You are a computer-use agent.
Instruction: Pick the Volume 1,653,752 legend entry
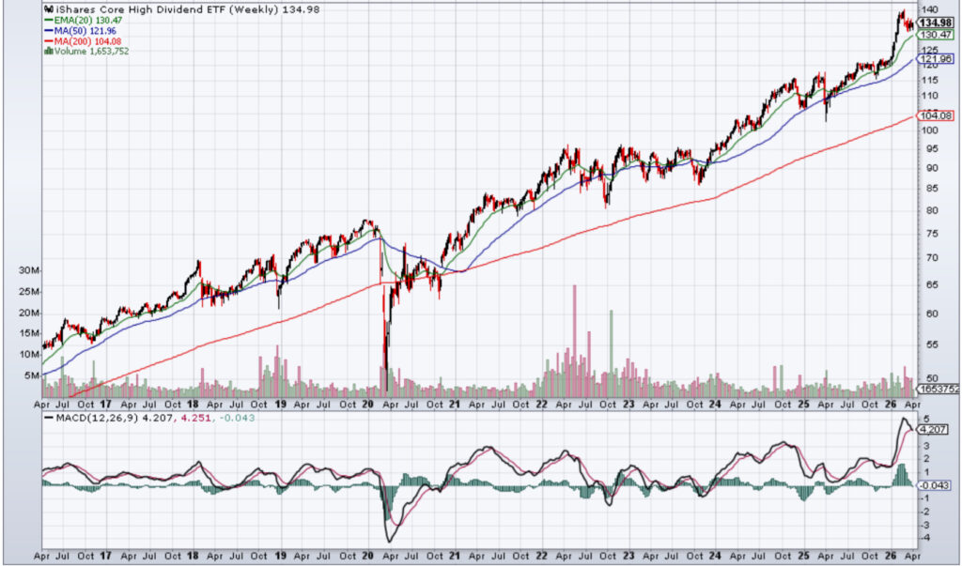point(89,52)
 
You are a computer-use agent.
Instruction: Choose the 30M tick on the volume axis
point(29,270)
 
